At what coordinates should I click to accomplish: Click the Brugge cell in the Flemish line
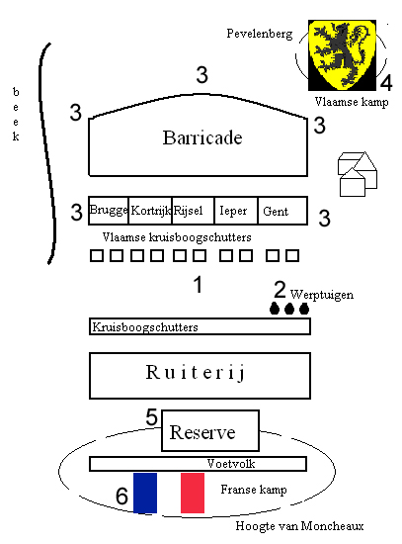(x=109, y=211)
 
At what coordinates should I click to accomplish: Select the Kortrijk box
(x=150, y=211)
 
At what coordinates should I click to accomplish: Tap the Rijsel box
(x=193, y=211)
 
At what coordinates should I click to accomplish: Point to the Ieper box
(x=236, y=211)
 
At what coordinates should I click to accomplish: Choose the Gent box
(x=282, y=211)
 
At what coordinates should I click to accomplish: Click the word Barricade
(x=202, y=137)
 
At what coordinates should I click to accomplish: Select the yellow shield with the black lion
(x=342, y=54)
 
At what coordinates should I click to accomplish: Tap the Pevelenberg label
(x=260, y=34)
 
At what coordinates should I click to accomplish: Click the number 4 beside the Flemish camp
(x=386, y=82)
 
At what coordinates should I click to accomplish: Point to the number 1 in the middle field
(x=198, y=285)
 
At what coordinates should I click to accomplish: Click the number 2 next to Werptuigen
(x=280, y=290)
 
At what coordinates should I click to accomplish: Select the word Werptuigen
(x=322, y=295)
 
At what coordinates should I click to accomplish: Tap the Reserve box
(x=210, y=430)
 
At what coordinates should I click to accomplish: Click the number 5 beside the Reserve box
(x=151, y=416)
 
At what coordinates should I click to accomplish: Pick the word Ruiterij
(x=196, y=372)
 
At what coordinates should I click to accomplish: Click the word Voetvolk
(x=231, y=464)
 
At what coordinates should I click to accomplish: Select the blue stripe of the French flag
(x=145, y=493)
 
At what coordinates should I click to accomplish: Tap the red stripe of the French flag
(x=193, y=493)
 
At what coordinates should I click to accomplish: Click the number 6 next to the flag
(x=121, y=496)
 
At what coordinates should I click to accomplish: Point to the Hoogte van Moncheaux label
(x=299, y=526)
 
